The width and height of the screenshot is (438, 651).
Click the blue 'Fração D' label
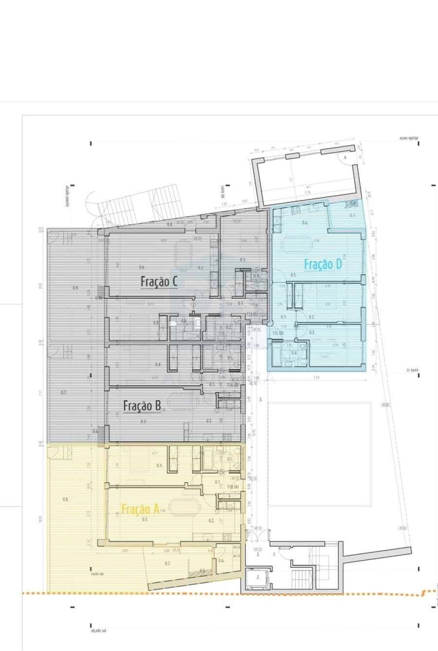323,264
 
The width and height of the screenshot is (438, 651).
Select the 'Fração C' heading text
159,281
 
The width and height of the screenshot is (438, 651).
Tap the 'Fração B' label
142,406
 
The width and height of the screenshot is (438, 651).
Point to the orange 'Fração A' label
140,509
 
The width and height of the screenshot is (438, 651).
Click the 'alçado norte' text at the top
409,139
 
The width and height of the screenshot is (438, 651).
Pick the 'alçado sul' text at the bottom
98,631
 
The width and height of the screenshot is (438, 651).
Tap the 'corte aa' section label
98,574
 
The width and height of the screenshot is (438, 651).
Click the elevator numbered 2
258,578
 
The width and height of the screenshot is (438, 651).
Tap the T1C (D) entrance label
278,333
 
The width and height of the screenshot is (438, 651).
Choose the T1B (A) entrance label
233,487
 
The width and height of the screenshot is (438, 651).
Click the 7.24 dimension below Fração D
316,377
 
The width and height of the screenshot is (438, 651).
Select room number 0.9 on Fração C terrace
75,288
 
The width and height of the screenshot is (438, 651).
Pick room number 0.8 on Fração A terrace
66,499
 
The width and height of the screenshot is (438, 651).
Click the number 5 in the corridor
261,400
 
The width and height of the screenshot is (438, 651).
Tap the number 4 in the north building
345,158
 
